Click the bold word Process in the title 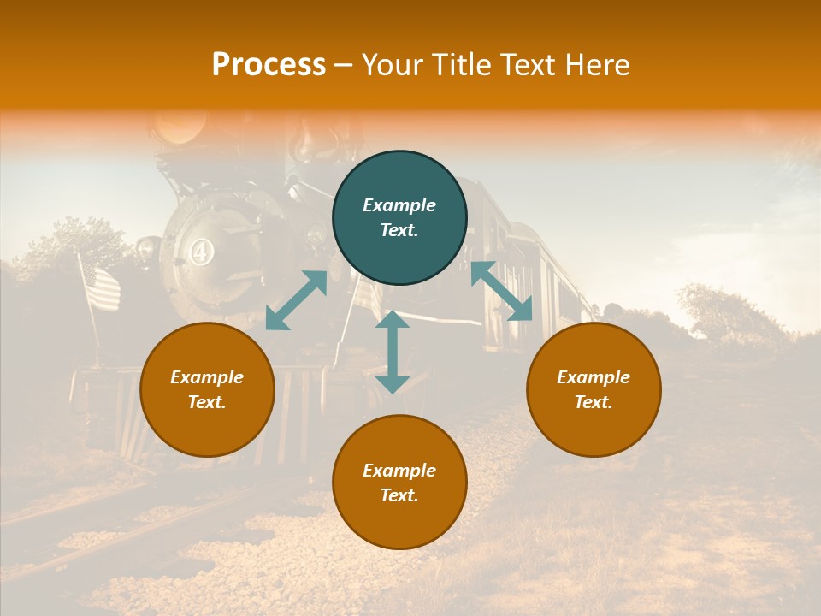coord(269,65)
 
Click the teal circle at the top coord(399,218)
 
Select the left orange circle coord(207,389)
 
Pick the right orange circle coord(594,389)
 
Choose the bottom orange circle coord(399,483)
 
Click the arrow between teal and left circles coord(296,299)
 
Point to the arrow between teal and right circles coord(501,291)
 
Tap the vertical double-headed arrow coord(393,352)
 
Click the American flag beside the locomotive coord(100,287)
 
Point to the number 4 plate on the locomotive coord(201,253)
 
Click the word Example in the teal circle coord(399,205)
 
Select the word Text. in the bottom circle coord(399,495)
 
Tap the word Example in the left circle coord(207,377)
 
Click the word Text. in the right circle coord(594,402)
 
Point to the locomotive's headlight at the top coord(178,128)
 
